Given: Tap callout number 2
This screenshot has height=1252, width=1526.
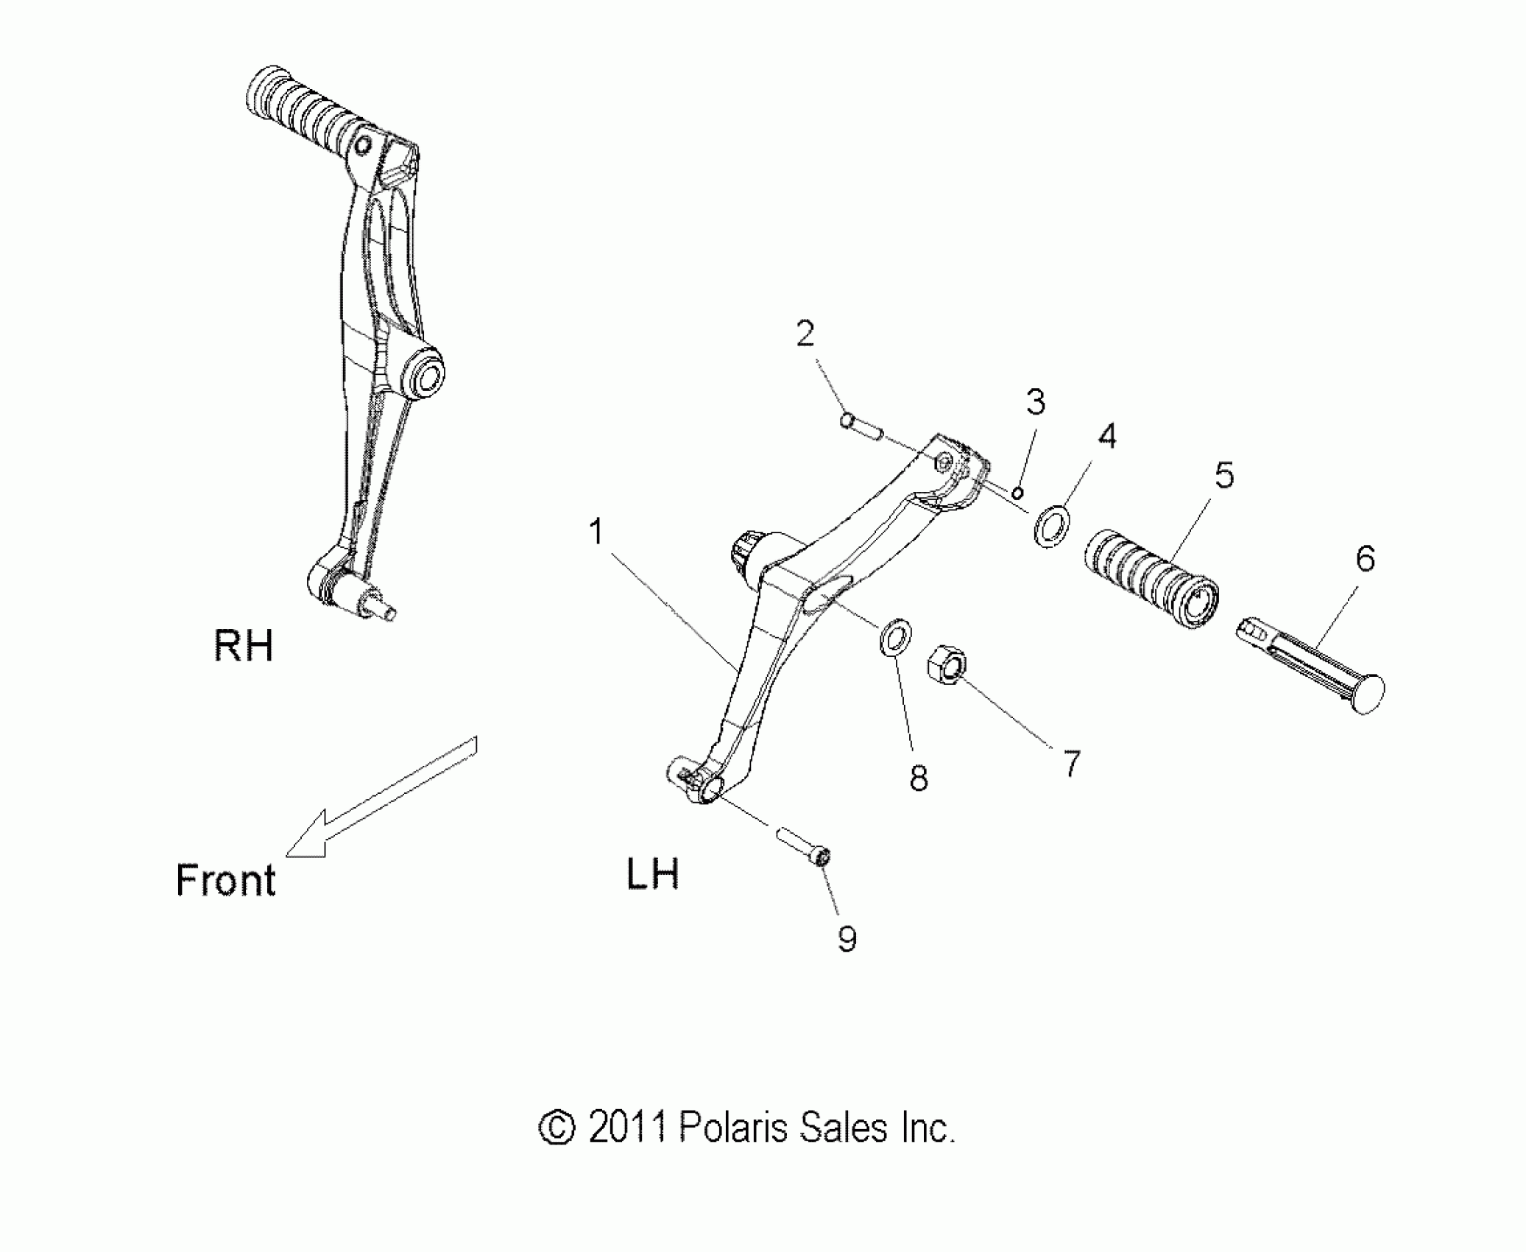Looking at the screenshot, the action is tap(805, 334).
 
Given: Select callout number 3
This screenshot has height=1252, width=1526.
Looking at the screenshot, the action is tap(1035, 402).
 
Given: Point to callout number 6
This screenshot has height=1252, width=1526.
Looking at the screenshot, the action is tap(1366, 560).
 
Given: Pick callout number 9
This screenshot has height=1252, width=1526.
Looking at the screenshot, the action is tap(847, 939).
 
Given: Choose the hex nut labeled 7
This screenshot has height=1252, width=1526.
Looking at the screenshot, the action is tap(948, 665).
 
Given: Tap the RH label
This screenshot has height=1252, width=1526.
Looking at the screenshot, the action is tap(244, 647).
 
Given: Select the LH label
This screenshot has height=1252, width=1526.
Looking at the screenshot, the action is tap(652, 875).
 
